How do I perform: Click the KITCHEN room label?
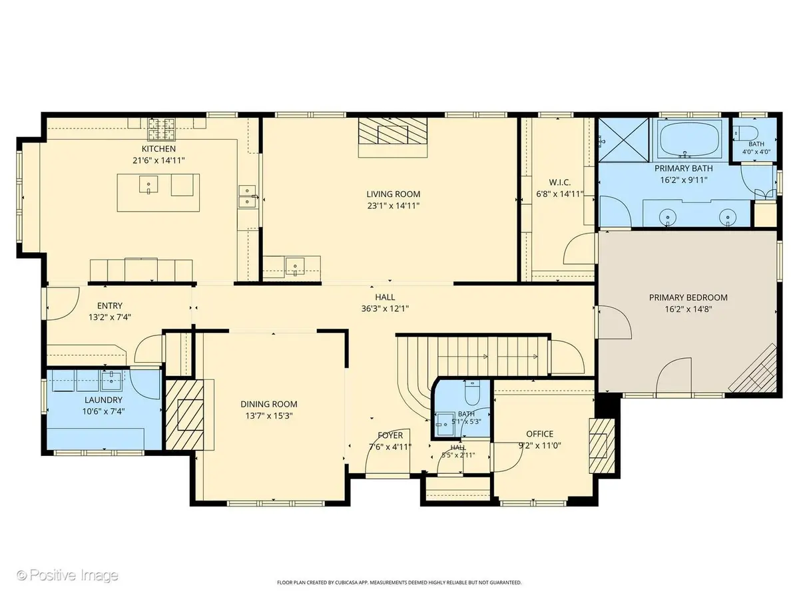158,148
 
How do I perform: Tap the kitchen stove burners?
161,130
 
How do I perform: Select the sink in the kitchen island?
148,185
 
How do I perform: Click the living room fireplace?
393,130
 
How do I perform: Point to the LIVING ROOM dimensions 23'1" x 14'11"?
393,206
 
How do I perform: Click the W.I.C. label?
559,182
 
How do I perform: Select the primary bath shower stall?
623,139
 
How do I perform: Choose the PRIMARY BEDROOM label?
688,298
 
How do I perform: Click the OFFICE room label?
539,434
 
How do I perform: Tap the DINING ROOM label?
268,404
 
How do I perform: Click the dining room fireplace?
184,415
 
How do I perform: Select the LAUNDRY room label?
103,400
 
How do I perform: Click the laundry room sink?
111,380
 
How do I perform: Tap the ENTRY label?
110,306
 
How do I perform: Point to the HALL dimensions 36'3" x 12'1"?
385,309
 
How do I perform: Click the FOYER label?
390,435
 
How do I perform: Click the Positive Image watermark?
68,575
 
